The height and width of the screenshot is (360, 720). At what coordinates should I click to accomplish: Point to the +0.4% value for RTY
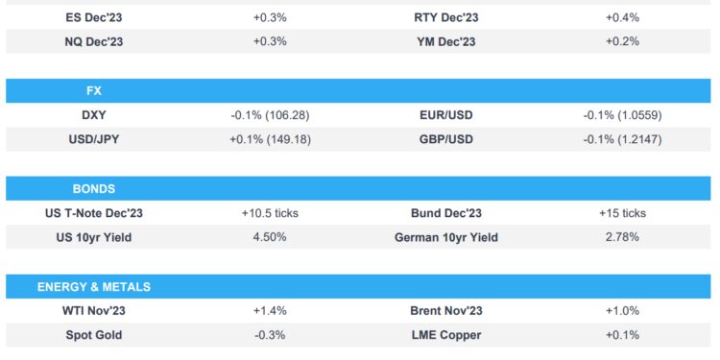[622, 17]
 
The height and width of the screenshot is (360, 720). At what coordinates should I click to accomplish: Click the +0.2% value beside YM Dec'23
[622, 41]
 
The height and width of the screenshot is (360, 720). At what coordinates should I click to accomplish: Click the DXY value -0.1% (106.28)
[270, 115]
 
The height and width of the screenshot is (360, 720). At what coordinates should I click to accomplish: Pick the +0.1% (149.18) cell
[270, 140]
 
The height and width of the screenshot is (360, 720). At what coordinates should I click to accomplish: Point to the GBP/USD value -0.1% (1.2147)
[622, 140]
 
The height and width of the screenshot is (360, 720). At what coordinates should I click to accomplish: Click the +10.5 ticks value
[270, 213]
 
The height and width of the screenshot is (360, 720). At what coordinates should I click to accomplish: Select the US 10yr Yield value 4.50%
[270, 237]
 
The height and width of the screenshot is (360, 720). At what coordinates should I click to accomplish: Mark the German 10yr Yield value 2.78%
[622, 237]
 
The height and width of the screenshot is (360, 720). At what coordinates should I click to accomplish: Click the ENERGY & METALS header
[94, 286]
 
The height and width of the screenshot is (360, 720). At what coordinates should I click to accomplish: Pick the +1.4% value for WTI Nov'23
[270, 311]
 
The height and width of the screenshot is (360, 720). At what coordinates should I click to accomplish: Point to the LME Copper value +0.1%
[622, 335]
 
